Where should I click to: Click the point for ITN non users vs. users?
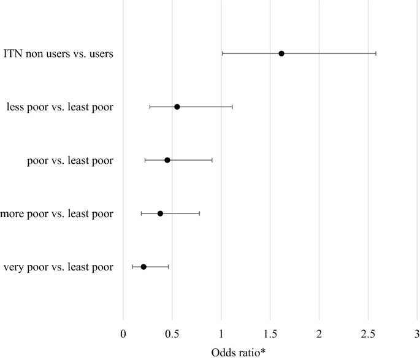pyautogui.click(x=281, y=53)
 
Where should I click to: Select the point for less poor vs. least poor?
pyautogui.click(x=177, y=107)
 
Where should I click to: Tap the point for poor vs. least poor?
pyautogui.click(x=167, y=160)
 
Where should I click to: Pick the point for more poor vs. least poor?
pyautogui.click(x=161, y=213)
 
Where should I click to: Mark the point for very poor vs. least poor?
pyautogui.click(x=143, y=267)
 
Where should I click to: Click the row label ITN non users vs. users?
pyautogui.click(x=58, y=54)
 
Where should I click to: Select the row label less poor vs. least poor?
pyautogui.click(x=60, y=107)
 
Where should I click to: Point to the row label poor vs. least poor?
pyautogui.click(x=71, y=161)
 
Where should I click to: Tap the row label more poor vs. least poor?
pyautogui.click(x=57, y=214)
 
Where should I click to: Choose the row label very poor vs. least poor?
pyautogui.click(x=58, y=267)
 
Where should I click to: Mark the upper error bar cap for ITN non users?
pyautogui.click(x=376, y=53)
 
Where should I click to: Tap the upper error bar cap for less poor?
pyautogui.click(x=232, y=107)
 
